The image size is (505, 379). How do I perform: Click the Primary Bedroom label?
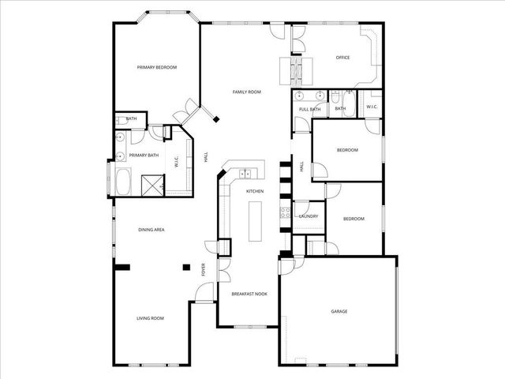(x=155, y=67)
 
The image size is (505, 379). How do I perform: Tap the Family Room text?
(x=246, y=92)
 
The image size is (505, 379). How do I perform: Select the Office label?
(x=342, y=57)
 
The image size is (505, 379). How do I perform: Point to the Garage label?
(x=339, y=311)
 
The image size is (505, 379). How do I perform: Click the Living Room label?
(x=150, y=318)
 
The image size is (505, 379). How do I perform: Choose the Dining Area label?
(x=151, y=230)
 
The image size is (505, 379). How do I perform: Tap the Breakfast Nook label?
(x=249, y=294)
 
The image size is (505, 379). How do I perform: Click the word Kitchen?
(x=254, y=192)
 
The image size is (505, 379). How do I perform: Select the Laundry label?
(x=308, y=216)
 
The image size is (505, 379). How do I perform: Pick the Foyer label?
(x=204, y=270)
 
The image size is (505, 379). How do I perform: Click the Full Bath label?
(x=309, y=109)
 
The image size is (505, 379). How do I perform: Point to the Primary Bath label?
(x=144, y=155)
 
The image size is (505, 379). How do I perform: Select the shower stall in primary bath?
(x=151, y=184)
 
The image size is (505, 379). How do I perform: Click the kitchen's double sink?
(x=245, y=173)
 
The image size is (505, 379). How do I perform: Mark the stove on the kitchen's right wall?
(x=285, y=213)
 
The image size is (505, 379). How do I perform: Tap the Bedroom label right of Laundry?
(x=353, y=219)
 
